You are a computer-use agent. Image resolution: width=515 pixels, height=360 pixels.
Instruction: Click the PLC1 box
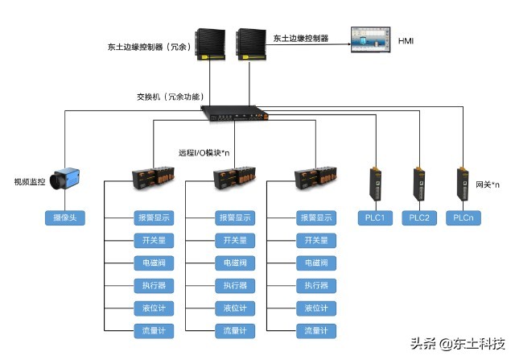[374, 217]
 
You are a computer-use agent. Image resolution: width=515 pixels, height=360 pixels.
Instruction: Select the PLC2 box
[418, 217]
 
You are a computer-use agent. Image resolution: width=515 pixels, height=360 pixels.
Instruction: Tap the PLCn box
[463, 217]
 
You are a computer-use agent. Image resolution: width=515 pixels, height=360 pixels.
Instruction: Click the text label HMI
[406, 39]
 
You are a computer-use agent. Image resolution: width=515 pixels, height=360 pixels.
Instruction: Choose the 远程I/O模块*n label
[204, 152]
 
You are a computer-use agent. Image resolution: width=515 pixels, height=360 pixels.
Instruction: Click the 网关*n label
[488, 184]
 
